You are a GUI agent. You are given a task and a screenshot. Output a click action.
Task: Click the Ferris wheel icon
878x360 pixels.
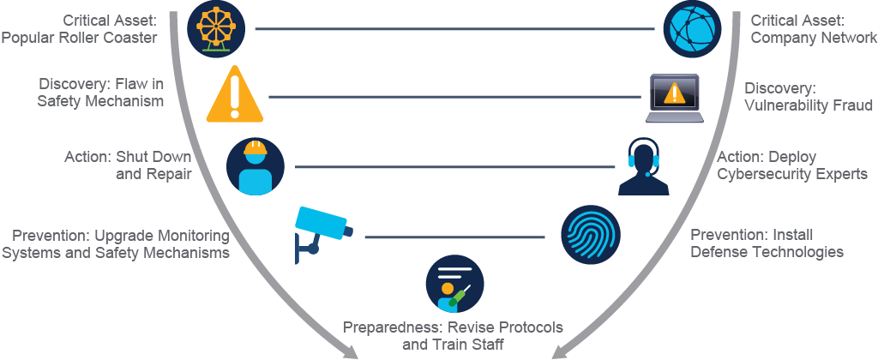pyautogui.click(x=215, y=28)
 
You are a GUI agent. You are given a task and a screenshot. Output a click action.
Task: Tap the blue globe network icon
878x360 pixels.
pyautogui.click(x=692, y=28)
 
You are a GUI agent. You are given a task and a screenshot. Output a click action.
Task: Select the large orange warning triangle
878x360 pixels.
pyautogui.click(x=235, y=94)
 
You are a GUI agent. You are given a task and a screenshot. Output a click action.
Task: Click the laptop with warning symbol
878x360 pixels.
pyautogui.click(x=674, y=98)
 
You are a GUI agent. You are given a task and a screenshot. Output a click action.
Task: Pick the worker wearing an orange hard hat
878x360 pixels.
pyautogui.click(x=256, y=167)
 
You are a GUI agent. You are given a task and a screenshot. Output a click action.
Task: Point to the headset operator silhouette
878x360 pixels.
pyautogui.click(x=643, y=167)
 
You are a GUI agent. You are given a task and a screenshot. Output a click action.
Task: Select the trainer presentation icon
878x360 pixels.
pyautogui.click(x=454, y=285)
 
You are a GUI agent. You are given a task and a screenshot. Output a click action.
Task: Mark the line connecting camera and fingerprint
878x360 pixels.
pyautogui.click(x=454, y=237)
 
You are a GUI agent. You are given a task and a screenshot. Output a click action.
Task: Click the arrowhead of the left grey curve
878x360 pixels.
pyautogui.click(x=350, y=351)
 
